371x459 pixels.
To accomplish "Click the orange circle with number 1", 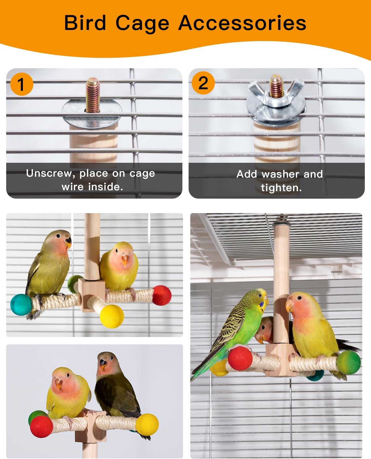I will [21, 84].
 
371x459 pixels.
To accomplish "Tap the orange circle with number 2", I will [203, 83].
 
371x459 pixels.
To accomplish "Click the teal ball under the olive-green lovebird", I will [21, 304].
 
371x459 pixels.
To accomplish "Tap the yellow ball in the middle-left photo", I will [112, 316].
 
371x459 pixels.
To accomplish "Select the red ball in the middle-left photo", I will [162, 295].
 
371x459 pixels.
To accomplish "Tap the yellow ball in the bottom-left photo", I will [147, 425].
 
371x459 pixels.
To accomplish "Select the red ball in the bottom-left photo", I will [41, 427].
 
